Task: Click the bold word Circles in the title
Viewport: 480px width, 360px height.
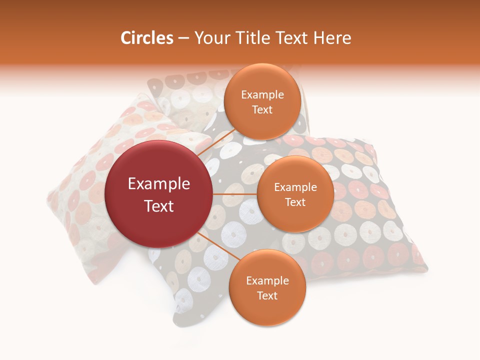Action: click(146, 38)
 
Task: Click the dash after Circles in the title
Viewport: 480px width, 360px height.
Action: click(183, 38)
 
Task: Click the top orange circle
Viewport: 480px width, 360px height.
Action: click(262, 101)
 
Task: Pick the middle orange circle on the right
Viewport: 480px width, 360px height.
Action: click(295, 194)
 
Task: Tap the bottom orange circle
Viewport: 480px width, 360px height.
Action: click(267, 287)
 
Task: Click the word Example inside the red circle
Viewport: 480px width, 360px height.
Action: click(159, 184)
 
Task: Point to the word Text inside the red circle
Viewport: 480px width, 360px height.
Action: click(159, 206)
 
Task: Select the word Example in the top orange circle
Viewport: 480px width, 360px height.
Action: click(262, 95)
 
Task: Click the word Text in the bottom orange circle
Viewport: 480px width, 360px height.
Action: click(267, 295)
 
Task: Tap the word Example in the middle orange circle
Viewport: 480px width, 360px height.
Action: click(295, 187)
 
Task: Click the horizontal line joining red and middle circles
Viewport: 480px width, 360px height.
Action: click(235, 194)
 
